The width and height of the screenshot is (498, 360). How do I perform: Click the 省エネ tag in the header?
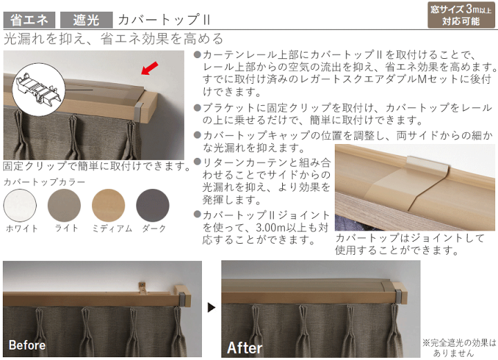pyautogui.click(x=29, y=20)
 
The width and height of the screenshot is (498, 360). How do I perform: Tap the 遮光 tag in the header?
pyautogui.click(x=86, y=20)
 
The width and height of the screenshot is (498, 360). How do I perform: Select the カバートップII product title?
pyautogui.click(x=164, y=20)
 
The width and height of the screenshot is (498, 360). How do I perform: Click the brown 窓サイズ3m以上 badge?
pyautogui.click(x=461, y=15)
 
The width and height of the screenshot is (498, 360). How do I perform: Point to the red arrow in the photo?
pyautogui.click(x=149, y=69)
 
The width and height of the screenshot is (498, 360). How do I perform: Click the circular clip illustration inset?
pyautogui.click(x=39, y=89)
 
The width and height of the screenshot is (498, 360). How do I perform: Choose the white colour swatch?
pyautogui.click(x=20, y=206)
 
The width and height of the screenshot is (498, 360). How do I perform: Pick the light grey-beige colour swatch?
pyautogui.click(x=64, y=206)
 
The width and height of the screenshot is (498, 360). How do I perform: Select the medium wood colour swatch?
pyautogui.click(x=109, y=206)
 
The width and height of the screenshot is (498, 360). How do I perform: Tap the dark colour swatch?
pyautogui.click(x=153, y=206)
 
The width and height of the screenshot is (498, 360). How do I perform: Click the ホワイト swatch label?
pyautogui.click(x=22, y=228)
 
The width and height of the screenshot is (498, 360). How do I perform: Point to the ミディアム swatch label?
pyautogui.click(x=112, y=228)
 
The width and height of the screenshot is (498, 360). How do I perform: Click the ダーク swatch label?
pyautogui.click(x=154, y=228)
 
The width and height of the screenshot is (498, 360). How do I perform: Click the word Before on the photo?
pyautogui.click(x=27, y=345)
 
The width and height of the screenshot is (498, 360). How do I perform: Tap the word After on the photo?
pyautogui.click(x=245, y=348)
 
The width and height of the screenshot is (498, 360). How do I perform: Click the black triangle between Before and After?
pyautogui.click(x=212, y=307)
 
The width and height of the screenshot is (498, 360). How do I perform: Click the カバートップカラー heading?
pyautogui.click(x=44, y=182)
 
